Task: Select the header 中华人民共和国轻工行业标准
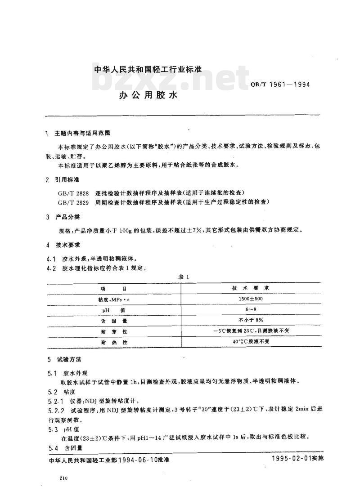[x=147, y=70]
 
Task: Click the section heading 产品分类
[x=68, y=217]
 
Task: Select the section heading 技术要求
[x=68, y=245]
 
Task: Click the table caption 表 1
[x=184, y=277]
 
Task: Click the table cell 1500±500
[x=251, y=299]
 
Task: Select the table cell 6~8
[x=251, y=310]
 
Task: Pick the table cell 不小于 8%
[x=251, y=321]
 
